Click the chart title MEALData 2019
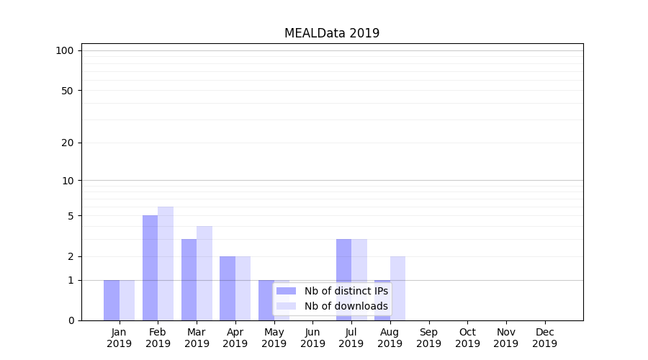[332, 33]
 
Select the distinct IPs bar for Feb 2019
[150, 268]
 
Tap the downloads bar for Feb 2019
[166, 264]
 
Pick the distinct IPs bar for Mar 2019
[189, 279]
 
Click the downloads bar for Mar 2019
[204, 274]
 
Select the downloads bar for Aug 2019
[397, 288]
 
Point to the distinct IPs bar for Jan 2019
[112, 300]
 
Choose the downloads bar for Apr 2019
[243, 288]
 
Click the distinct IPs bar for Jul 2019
[343, 279]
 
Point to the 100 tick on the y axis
[65, 50]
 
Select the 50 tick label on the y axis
[68, 91]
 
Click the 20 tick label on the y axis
[68, 143]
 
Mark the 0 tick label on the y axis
[71, 320]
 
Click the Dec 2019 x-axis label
[544, 338]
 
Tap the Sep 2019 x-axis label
[428, 338]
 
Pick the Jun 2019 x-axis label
[312, 338]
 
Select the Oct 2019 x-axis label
[467, 338]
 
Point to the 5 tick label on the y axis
[71, 216]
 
